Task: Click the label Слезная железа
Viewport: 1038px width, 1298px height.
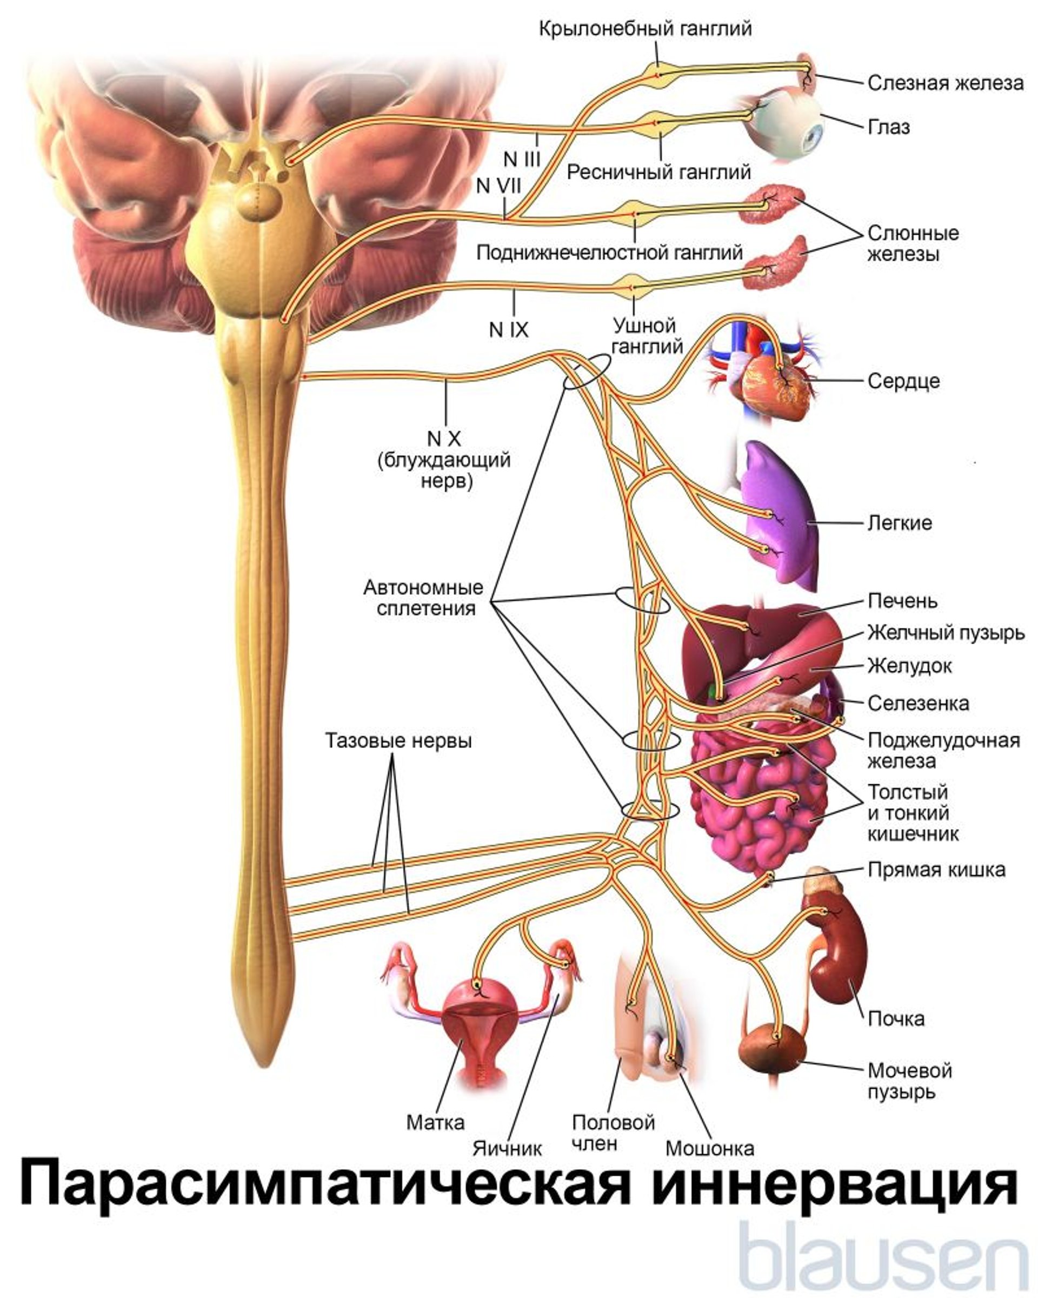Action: (944, 83)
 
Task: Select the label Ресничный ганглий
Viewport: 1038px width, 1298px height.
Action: (658, 172)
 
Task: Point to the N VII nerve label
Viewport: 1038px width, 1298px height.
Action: (498, 186)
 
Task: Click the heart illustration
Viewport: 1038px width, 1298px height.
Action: (773, 385)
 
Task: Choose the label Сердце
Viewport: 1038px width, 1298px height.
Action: (903, 381)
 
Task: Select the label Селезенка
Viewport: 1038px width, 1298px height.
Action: (917, 703)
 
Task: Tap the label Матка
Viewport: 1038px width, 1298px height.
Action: (435, 1122)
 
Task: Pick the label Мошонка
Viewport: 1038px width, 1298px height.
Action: (709, 1148)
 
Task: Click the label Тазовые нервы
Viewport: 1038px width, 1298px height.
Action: (398, 740)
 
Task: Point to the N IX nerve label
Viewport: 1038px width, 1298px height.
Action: (509, 330)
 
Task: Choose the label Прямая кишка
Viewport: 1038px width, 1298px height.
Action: (936, 870)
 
